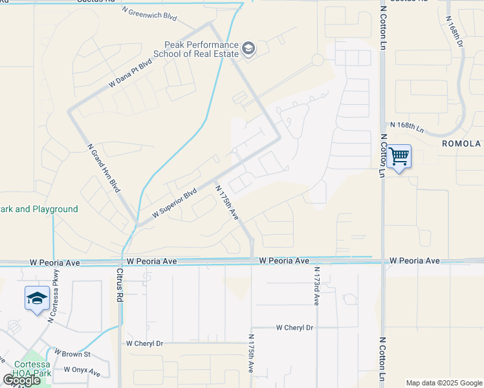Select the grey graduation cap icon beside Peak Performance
click(248, 48)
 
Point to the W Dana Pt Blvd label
click(130, 73)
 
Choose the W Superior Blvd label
click(174, 203)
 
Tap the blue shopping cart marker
click(399, 156)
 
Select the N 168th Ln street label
click(406, 125)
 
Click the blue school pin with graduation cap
click(38, 298)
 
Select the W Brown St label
click(73, 354)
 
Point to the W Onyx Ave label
click(82, 372)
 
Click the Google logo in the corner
click(21, 380)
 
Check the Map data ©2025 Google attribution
click(444, 383)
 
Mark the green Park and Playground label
click(39, 209)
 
